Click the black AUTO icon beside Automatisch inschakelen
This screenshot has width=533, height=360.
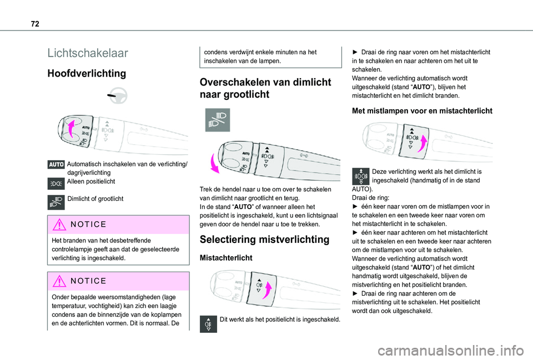pyautogui.click(x=57, y=164)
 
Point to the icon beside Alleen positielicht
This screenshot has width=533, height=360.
pyautogui.click(x=57, y=182)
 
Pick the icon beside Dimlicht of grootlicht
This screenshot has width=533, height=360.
pyautogui.click(x=57, y=201)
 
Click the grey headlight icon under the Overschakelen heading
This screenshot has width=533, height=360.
pyautogui.click(x=218, y=119)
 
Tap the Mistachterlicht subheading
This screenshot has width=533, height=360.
pyautogui.click(x=234, y=258)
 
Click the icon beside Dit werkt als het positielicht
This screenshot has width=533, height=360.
pyautogui.click(x=209, y=322)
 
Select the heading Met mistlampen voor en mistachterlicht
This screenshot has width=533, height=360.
pyautogui.click(x=422, y=111)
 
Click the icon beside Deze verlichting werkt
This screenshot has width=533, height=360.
pyautogui.click(x=361, y=176)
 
